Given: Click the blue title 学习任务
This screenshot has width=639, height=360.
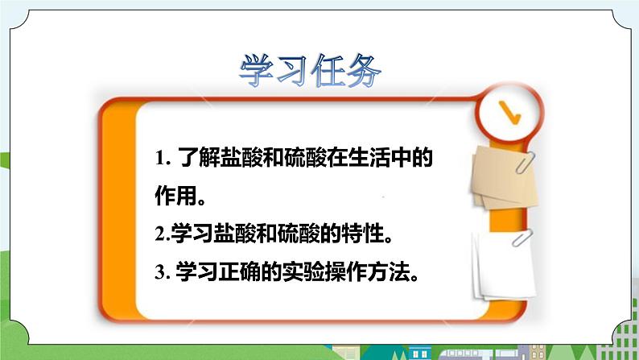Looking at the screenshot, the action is pos(310,71).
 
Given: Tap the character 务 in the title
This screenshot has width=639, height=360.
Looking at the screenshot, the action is pos(364,71).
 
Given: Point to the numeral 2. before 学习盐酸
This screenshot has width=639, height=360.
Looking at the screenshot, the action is pos(163,234).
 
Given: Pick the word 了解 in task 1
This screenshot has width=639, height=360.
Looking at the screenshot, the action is pos(199,158).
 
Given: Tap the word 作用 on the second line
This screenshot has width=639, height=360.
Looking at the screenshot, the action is pos(175,196).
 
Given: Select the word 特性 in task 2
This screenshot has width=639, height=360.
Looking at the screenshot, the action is pos(363,234).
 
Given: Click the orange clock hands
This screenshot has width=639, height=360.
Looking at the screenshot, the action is pos(509,113).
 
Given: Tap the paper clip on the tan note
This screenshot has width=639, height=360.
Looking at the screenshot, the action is pos(526,162).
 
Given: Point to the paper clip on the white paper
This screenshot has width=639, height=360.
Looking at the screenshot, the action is pos(522,238).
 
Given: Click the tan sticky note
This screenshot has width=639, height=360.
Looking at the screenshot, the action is pos(504,177).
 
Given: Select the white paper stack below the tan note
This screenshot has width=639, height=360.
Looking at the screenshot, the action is pos(504,267).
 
